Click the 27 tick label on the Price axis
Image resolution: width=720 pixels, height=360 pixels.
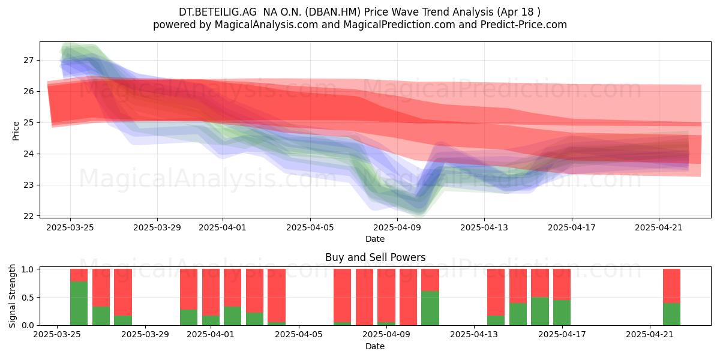(28, 60)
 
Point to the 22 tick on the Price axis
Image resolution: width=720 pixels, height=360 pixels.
(28, 216)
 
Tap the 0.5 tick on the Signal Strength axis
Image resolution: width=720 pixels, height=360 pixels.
(28, 298)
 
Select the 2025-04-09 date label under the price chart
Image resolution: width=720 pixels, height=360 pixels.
(397, 227)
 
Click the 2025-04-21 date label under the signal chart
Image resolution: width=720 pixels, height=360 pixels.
(650, 335)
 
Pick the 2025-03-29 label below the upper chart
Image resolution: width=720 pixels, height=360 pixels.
(157, 227)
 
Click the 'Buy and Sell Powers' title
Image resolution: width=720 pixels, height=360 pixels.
(376, 257)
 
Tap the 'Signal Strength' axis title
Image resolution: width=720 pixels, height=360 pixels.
(12, 296)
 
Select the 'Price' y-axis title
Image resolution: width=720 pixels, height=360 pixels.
(16, 131)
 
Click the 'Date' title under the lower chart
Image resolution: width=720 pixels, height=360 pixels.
(375, 346)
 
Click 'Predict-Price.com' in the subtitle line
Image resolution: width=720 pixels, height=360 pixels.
(524, 25)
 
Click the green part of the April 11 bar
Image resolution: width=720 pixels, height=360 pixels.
(430, 308)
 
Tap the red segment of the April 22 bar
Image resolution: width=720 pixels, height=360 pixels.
(671, 286)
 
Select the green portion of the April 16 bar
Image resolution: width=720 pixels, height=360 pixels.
(540, 311)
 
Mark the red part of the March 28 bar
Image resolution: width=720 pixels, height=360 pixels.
(123, 292)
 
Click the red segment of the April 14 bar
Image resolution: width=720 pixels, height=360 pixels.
(496, 292)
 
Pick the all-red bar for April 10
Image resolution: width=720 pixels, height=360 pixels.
(408, 297)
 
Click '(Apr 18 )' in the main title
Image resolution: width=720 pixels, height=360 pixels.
(518, 12)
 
